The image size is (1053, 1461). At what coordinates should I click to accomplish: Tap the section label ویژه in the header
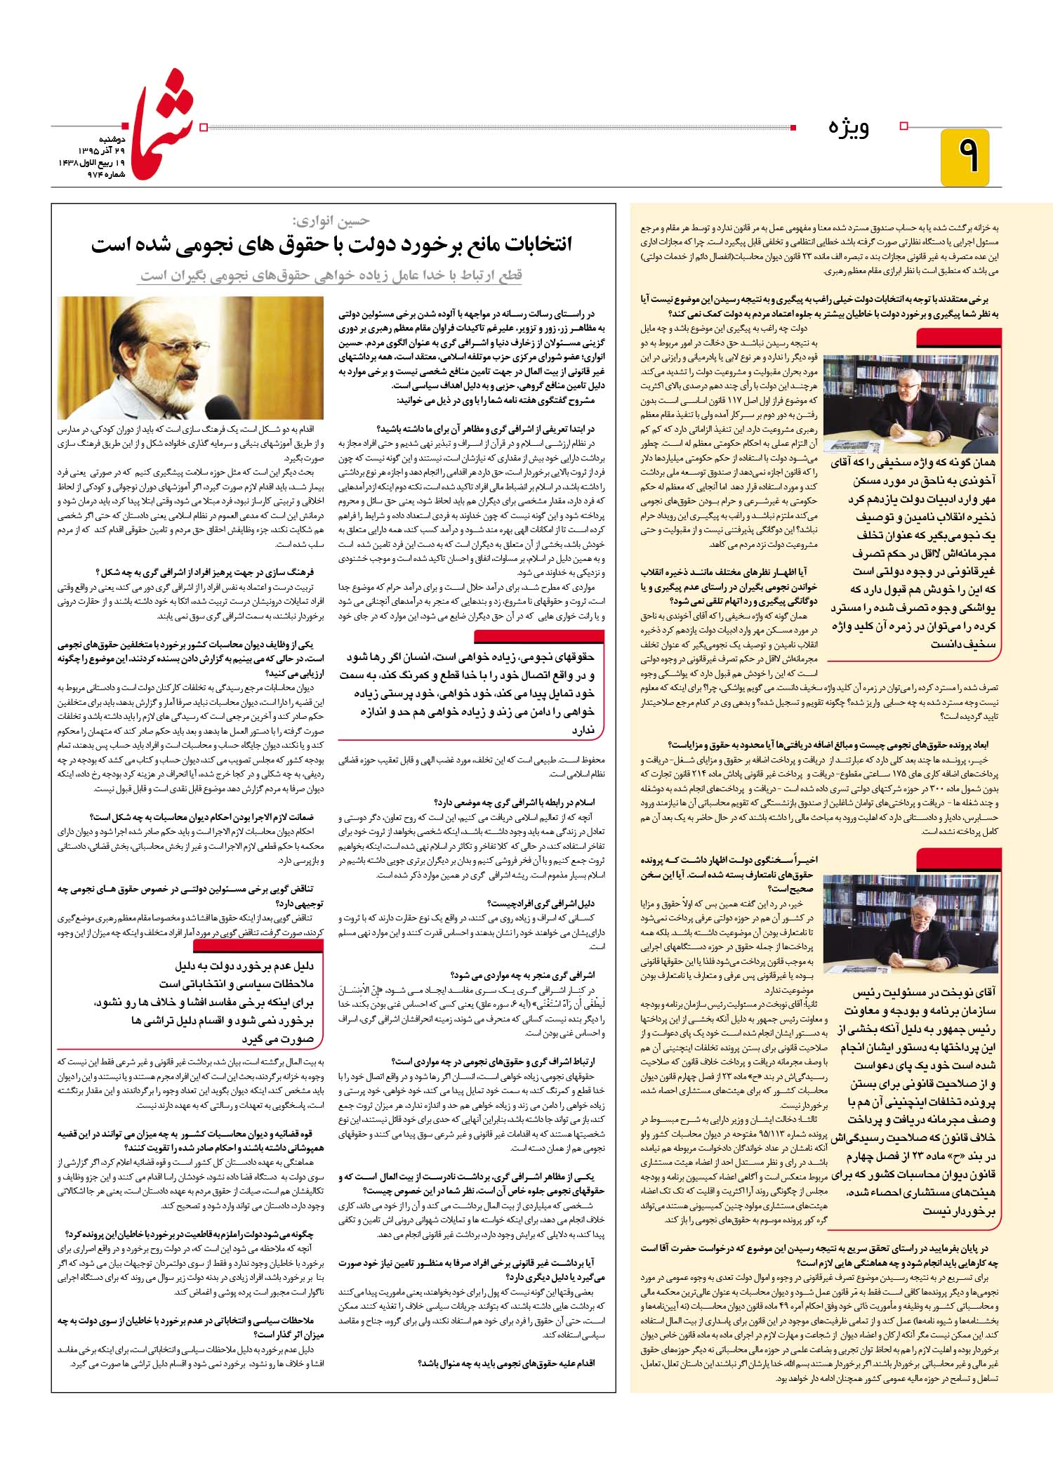849,128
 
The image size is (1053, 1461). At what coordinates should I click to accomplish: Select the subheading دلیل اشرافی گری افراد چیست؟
540,904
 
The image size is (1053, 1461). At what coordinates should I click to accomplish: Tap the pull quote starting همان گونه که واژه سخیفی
913,553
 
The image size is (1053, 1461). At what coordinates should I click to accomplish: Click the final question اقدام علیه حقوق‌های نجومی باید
505,1363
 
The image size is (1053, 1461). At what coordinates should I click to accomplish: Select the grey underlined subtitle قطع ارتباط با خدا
331,275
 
